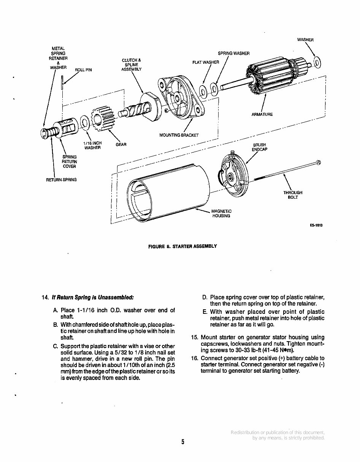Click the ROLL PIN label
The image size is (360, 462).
(x=83, y=70)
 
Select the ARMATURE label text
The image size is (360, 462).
(x=262, y=114)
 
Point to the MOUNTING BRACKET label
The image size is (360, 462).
(x=179, y=135)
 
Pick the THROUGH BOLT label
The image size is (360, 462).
(x=293, y=195)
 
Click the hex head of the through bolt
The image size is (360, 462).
(x=319, y=163)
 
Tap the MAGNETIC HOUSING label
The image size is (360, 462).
(x=221, y=214)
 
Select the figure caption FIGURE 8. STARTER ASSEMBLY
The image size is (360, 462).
(x=182, y=246)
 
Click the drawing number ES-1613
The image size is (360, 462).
(x=316, y=225)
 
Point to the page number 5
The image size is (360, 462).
(x=182, y=442)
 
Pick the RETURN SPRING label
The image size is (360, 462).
(x=61, y=180)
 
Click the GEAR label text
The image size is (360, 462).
(x=121, y=144)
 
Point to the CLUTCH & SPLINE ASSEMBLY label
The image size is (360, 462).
(x=132, y=65)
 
